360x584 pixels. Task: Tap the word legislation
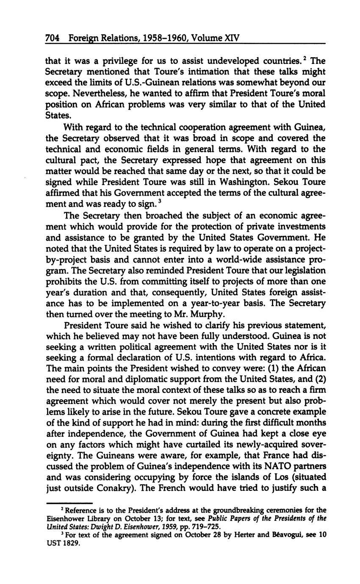click(305, 270)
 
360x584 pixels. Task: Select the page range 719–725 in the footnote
click(207, 527)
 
